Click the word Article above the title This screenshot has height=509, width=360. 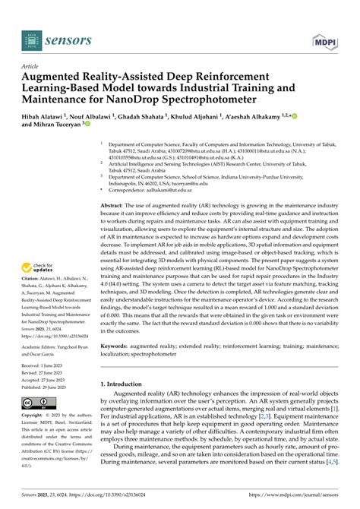click(31, 67)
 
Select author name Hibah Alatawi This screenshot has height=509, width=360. click(49, 115)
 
